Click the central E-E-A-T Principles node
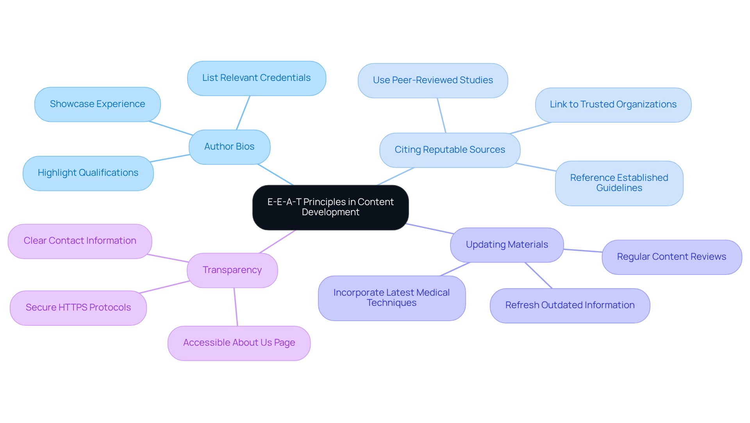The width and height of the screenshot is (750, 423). (x=330, y=207)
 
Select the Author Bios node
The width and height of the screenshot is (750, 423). (x=229, y=147)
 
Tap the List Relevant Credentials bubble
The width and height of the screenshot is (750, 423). (x=256, y=78)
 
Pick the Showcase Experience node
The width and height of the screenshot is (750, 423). (x=97, y=104)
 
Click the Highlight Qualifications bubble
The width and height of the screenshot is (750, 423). (x=88, y=173)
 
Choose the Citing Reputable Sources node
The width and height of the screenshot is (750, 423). (x=450, y=150)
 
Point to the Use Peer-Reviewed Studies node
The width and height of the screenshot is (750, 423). (x=432, y=80)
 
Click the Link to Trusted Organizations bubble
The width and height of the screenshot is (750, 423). (x=613, y=105)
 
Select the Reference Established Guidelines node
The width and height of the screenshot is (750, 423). (x=619, y=183)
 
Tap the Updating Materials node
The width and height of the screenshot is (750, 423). (x=507, y=245)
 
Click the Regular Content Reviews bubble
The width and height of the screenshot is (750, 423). (x=671, y=257)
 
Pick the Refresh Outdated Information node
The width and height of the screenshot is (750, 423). (x=570, y=305)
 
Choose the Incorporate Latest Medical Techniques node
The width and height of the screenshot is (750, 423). (x=391, y=298)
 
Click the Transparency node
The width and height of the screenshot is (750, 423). (x=232, y=270)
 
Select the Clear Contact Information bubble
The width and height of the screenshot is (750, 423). (x=80, y=241)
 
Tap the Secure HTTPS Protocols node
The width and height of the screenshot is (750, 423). (x=78, y=308)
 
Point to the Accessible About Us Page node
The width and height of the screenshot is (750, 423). (x=239, y=343)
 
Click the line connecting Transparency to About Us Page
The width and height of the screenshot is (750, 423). (x=236, y=307)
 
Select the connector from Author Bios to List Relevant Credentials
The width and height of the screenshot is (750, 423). (x=243, y=113)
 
